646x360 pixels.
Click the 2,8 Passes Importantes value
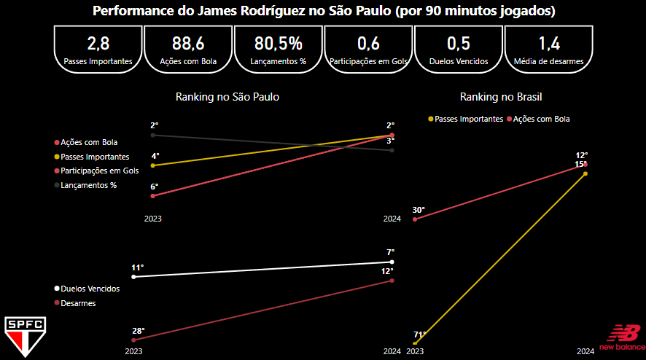[x=98, y=42]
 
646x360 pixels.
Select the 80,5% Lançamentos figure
[x=279, y=42]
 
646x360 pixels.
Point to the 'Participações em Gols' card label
[x=368, y=62]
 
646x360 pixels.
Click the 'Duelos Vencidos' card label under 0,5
[x=459, y=62]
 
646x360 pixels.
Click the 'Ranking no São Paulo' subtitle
[x=227, y=96]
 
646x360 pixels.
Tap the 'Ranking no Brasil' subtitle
[x=501, y=96]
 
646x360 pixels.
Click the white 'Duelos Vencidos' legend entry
[x=90, y=289]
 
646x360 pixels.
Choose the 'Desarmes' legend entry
[x=78, y=303]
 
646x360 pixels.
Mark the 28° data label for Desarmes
[x=138, y=331]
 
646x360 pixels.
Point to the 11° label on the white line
[x=138, y=267]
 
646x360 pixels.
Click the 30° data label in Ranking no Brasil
[x=419, y=210]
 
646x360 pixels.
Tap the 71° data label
[x=419, y=334]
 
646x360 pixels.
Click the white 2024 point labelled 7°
[x=392, y=262]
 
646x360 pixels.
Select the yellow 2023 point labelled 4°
[x=152, y=165]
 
